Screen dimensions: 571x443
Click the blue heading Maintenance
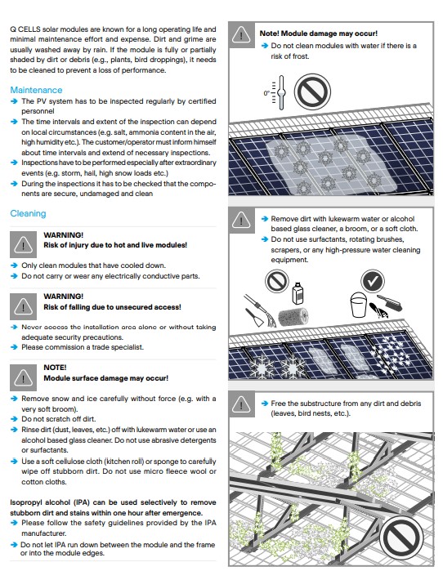pos(36,89)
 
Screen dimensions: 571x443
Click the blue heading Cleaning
pos(28,213)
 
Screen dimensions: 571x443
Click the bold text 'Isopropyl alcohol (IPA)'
pos(57,502)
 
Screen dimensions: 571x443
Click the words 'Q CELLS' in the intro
pos(27,29)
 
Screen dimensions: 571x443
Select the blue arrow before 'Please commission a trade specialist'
pos(15,347)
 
